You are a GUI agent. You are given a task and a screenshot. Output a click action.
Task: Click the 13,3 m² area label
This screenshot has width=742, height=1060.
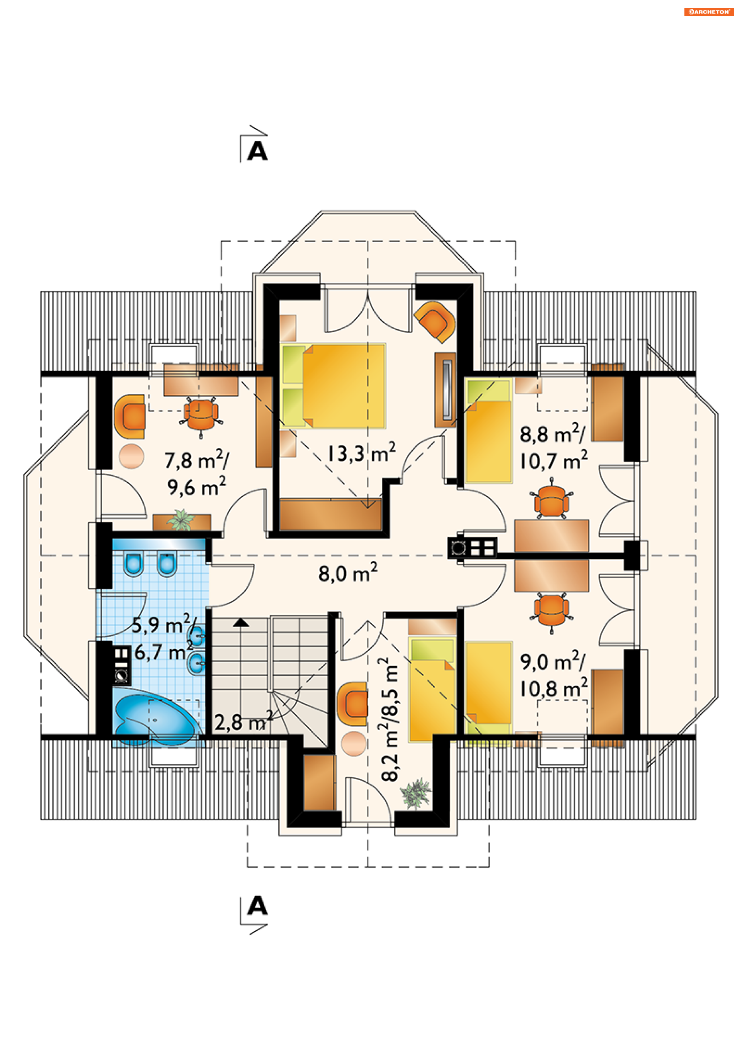tap(362, 453)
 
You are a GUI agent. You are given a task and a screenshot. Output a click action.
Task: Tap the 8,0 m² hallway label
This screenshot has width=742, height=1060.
tap(348, 572)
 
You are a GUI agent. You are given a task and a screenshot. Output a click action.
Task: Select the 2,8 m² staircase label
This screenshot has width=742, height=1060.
tap(243, 721)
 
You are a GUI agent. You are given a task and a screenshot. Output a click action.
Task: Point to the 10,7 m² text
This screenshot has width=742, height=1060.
tap(554, 460)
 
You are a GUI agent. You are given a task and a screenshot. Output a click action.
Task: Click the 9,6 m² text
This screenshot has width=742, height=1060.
tap(196, 486)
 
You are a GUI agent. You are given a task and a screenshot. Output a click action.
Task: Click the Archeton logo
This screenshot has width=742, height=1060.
tap(709, 12)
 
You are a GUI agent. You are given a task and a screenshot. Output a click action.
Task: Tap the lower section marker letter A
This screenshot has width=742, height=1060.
tap(257, 905)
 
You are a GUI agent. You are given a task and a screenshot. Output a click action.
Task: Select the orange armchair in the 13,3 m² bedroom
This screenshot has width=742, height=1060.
tap(435, 322)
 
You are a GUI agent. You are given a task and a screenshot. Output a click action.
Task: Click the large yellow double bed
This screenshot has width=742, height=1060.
tap(333, 386)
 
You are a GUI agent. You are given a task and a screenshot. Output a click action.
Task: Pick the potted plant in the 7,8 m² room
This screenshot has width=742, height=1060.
tap(181, 519)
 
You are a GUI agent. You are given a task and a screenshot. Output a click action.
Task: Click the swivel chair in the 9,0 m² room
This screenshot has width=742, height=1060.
tap(551, 609)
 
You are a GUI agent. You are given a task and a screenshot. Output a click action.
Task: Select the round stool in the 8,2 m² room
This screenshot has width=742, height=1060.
tap(354, 743)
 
